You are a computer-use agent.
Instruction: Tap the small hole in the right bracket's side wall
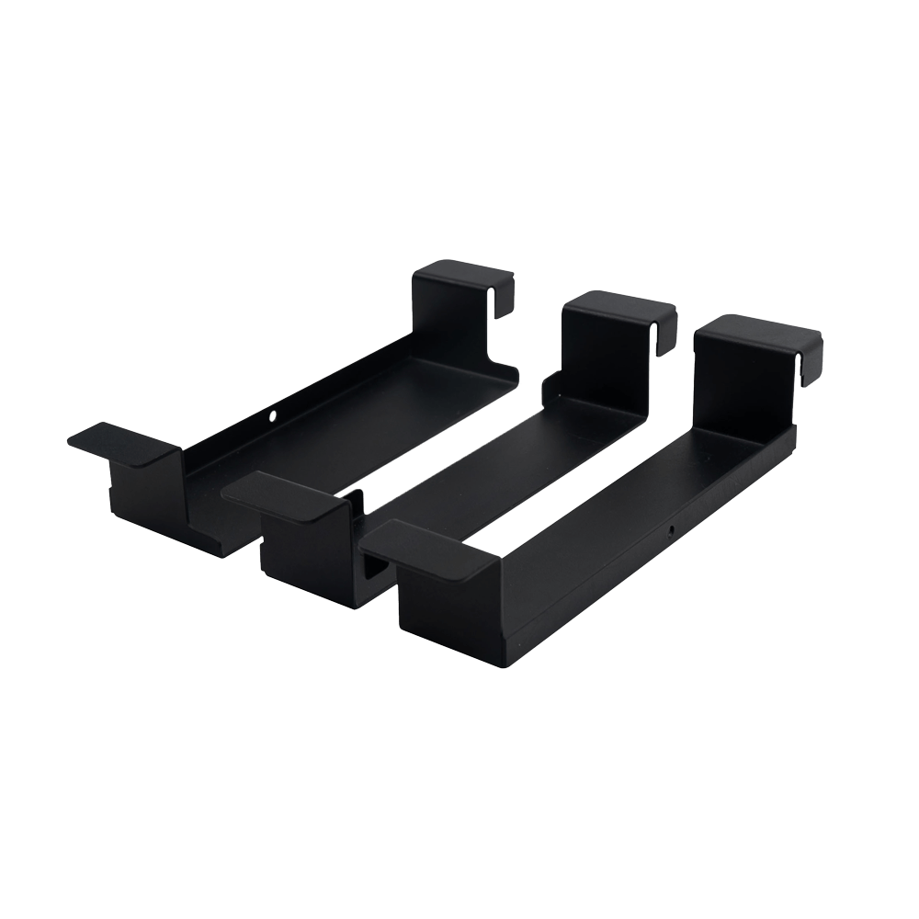672,530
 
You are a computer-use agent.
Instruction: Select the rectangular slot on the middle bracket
374,570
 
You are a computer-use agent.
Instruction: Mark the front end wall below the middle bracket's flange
303,551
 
